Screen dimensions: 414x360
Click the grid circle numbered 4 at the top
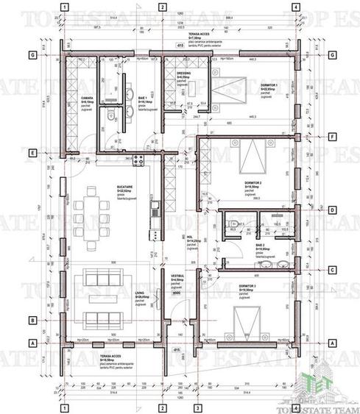pyautogui.click(x=295, y=7)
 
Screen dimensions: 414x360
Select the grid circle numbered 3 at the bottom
pyautogui.click(x=197, y=407)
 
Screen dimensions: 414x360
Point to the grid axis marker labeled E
pyautogui.click(x=32, y=154)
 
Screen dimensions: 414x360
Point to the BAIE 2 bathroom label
pyautogui.click(x=261, y=246)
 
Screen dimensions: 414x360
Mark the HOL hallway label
pyautogui.click(x=191, y=238)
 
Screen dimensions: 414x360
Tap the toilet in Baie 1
pyautogui.click(x=107, y=114)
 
